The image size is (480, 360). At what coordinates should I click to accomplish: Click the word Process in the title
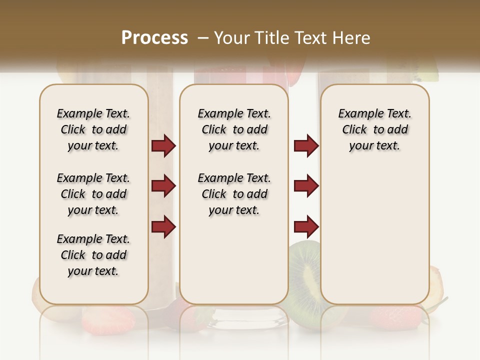click(x=154, y=38)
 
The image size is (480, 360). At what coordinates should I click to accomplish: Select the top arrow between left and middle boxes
click(x=163, y=146)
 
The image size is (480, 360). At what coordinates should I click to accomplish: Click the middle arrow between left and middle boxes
click(x=163, y=186)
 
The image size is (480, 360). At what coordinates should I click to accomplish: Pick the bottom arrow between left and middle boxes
click(x=163, y=227)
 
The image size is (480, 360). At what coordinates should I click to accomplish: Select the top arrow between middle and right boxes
click(x=306, y=146)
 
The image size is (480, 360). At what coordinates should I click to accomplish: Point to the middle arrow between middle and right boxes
click(x=306, y=186)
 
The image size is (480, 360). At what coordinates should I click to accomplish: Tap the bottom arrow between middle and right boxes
click(x=306, y=227)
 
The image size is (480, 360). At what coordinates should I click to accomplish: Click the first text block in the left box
click(x=93, y=129)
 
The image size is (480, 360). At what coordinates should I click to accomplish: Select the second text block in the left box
click(x=93, y=194)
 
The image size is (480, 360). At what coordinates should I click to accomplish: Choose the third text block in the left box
click(x=93, y=255)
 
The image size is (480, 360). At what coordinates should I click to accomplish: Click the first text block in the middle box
click(x=234, y=129)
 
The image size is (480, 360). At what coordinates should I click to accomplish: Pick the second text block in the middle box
click(x=234, y=194)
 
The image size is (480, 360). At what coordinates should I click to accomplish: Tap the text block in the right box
click(x=375, y=129)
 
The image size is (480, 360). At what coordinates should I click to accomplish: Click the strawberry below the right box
click(x=395, y=315)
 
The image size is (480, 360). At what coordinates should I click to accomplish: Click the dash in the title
click(x=203, y=38)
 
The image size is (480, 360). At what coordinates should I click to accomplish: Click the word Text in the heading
click(x=311, y=38)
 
